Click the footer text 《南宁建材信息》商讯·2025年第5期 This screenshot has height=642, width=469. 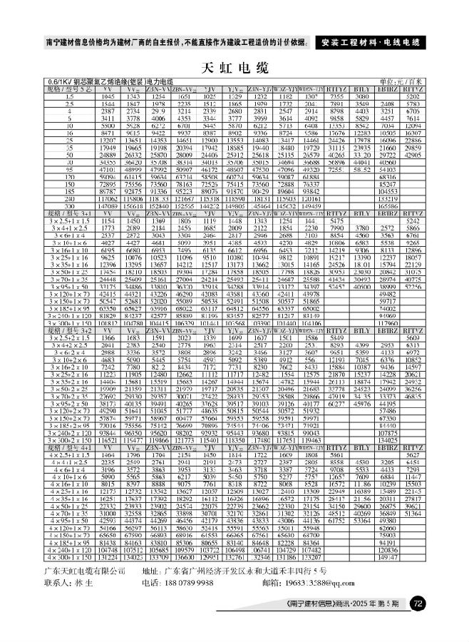[x=349, y=605]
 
